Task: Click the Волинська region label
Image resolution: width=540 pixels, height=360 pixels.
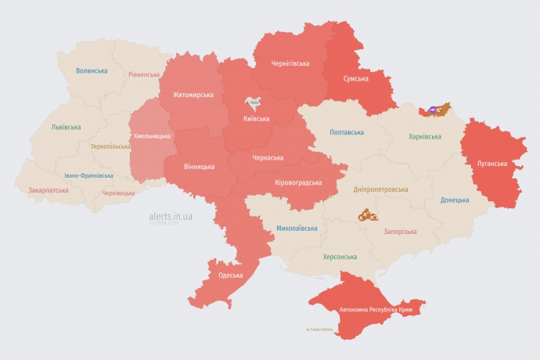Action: click(92, 70)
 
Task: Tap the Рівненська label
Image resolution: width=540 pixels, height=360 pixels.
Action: click(144, 75)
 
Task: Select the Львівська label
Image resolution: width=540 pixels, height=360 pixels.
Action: click(66, 126)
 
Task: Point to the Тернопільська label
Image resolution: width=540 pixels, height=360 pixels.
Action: click(110, 146)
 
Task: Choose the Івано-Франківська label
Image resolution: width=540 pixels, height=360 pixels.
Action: click(88, 175)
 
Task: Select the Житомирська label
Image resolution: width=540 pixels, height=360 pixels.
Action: click(192, 95)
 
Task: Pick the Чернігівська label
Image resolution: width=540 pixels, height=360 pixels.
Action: click(290, 63)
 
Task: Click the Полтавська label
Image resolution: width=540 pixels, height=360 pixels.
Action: click(347, 132)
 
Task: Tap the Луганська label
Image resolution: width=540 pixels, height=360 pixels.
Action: click(491, 164)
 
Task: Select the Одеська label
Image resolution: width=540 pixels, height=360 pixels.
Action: click(230, 275)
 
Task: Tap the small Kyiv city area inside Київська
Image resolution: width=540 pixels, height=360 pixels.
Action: click(254, 102)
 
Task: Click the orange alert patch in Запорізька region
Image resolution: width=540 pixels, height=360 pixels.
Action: click(368, 214)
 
